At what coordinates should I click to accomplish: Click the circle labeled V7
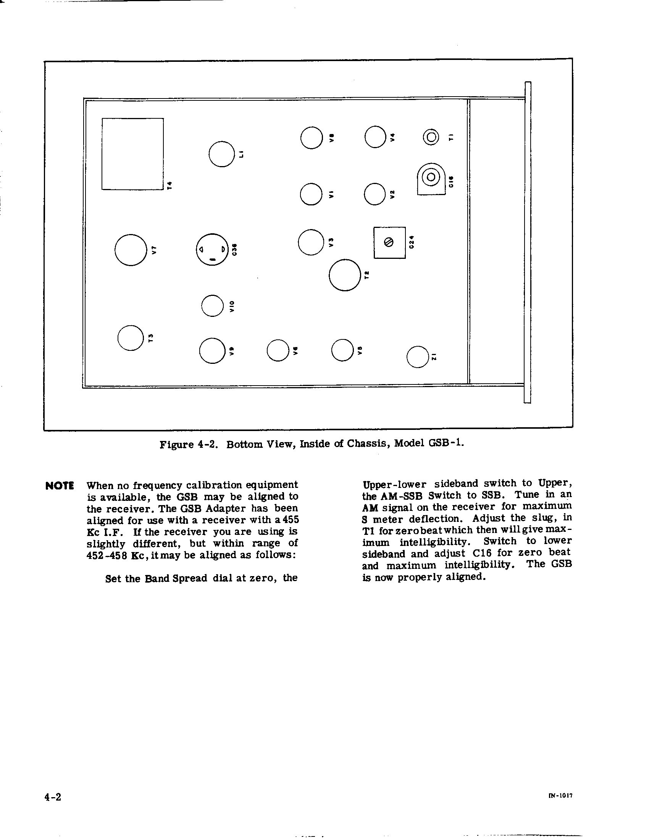131,250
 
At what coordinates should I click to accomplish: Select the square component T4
132,153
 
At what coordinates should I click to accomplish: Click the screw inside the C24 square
389,242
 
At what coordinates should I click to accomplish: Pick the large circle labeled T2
344,275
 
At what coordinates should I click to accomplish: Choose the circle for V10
212,305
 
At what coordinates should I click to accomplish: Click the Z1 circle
417,357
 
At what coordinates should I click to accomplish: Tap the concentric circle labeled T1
431,137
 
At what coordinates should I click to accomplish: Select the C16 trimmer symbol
431,177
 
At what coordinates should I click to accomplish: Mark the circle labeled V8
311,137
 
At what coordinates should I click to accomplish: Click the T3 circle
130,337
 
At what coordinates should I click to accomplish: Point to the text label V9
231,351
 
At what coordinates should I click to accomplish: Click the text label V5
360,350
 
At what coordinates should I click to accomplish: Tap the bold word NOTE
60,486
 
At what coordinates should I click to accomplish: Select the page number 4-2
53,797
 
